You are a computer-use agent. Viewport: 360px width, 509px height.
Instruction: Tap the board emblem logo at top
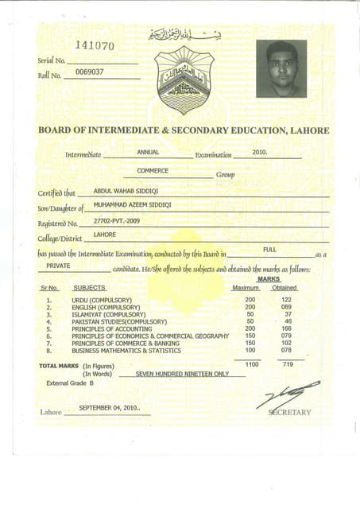pyautogui.click(x=183, y=80)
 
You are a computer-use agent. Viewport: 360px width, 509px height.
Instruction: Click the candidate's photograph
pyautogui.click(x=281, y=68)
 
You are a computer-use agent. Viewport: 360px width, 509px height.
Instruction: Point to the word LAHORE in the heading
pyautogui.click(x=306, y=130)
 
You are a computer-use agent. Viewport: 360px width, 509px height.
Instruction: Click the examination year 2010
pyautogui.click(x=260, y=151)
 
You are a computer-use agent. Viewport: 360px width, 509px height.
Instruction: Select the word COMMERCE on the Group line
pyautogui.click(x=153, y=170)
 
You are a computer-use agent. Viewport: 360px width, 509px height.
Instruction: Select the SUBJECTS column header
pyautogui.click(x=89, y=287)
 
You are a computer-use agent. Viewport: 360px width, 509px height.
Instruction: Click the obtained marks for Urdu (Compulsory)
pyautogui.click(x=287, y=300)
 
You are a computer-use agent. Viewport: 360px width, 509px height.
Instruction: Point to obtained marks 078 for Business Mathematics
pyautogui.click(x=287, y=350)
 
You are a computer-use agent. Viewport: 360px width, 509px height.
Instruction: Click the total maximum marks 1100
pyautogui.click(x=252, y=363)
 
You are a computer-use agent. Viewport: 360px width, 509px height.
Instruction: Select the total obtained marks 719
pyautogui.click(x=288, y=363)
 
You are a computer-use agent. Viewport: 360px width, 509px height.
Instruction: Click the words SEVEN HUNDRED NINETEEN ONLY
pyautogui.click(x=182, y=373)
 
